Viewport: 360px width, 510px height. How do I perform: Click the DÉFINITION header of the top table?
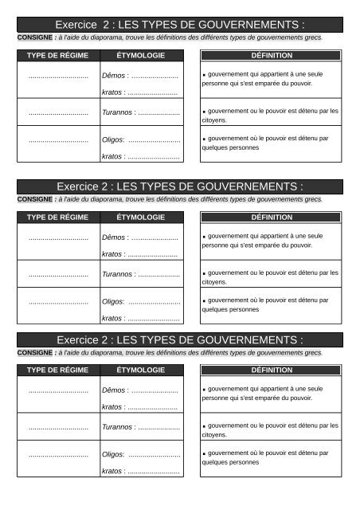[x=271, y=56]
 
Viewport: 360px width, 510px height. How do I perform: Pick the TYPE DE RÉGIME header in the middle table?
[x=58, y=217]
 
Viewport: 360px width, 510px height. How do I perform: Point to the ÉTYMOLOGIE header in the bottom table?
[x=141, y=370]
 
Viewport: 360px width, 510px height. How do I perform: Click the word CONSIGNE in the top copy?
[x=34, y=37]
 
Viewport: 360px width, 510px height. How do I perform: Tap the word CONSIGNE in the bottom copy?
[x=34, y=351]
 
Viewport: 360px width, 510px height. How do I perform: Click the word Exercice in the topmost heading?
[x=84, y=25]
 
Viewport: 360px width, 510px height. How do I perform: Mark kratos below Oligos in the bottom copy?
[x=112, y=471]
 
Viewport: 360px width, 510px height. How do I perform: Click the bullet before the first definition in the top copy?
[x=205, y=73]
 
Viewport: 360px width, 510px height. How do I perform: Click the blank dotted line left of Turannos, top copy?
[x=58, y=113]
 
